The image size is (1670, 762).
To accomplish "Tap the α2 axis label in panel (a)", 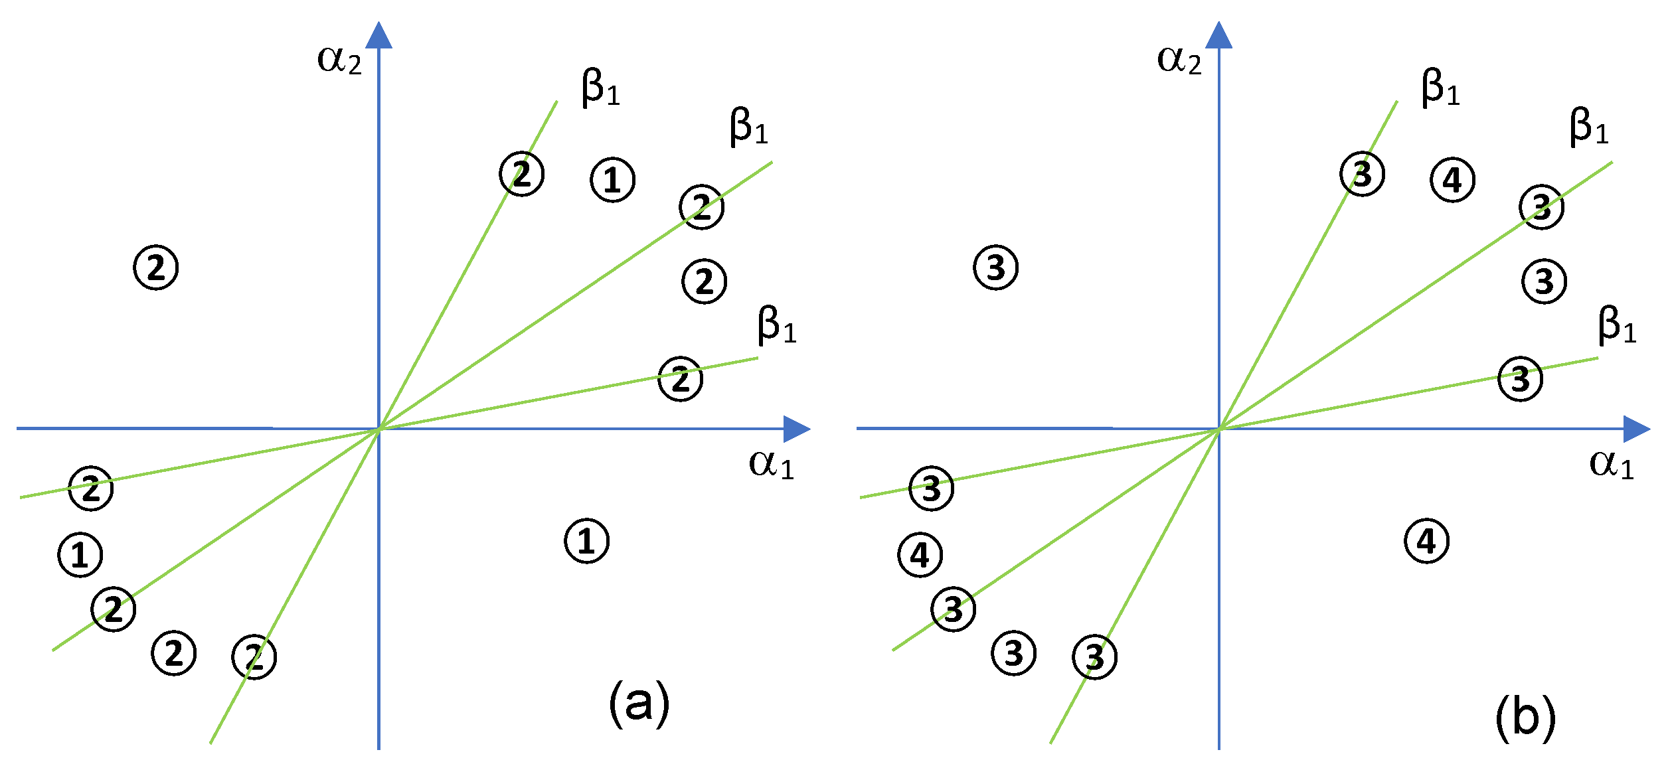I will click(x=339, y=60).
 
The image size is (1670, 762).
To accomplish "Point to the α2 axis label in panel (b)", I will click(x=1179, y=60).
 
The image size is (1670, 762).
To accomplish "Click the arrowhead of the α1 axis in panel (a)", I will click(x=796, y=429).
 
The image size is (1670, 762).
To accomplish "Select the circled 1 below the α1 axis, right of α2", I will click(x=586, y=541).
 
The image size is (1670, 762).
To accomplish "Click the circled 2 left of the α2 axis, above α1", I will click(x=156, y=267).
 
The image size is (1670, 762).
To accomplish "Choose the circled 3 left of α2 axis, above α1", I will click(x=996, y=267).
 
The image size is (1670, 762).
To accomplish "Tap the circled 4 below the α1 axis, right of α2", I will click(x=1427, y=541).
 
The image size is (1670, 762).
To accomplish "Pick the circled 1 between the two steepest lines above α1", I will click(x=612, y=179).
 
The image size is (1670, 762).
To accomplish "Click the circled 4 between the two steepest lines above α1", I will click(x=1453, y=179).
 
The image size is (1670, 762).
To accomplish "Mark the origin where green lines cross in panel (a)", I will click(x=378, y=429).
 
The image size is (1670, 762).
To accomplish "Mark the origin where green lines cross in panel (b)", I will click(x=1219, y=429).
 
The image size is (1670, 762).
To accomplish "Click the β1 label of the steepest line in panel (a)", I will click(x=600, y=88).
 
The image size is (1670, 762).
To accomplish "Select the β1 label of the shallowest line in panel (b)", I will click(x=1617, y=325).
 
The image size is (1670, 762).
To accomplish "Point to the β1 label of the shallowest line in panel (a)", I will click(x=776, y=325).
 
